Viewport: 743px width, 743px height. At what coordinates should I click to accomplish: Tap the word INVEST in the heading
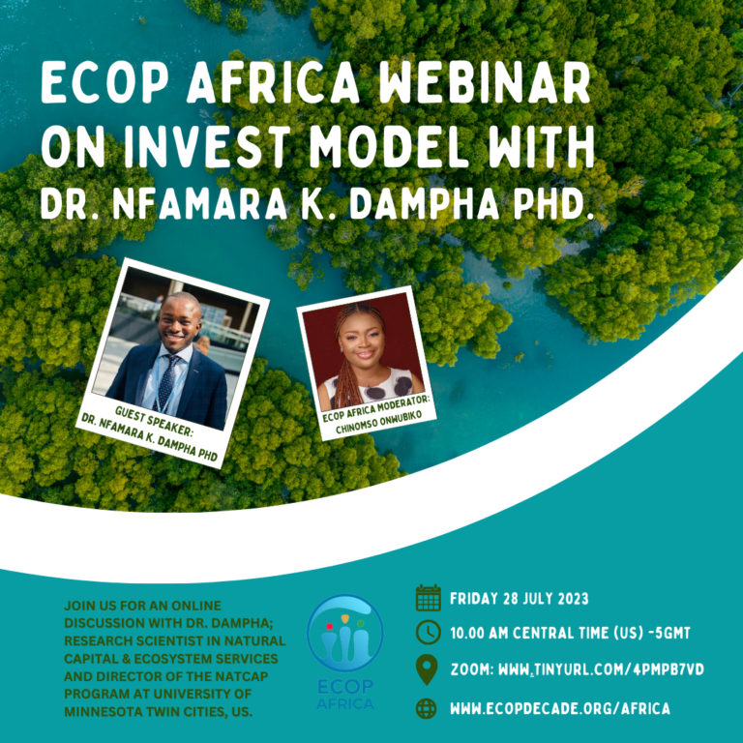pyautogui.click(x=207, y=147)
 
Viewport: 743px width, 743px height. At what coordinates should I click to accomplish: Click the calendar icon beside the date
pyautogui.click(x=429, y=598)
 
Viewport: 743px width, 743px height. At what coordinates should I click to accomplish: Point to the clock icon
pyautogui.click(x=429, y=633)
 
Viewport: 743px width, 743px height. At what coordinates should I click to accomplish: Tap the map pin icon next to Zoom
pyautogui.click(x=427, y=669)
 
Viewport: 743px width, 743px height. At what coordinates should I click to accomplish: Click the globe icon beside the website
pyautogui.click(x=427, y=708)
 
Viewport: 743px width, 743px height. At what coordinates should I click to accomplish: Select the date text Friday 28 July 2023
pyautogui.click(x=520, y=599)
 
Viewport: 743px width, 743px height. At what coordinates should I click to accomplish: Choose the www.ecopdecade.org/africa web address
pyautogui.click(x=560, y=708)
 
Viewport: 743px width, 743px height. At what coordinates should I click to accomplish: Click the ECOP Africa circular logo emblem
pyautogui.click(x=345, y=633)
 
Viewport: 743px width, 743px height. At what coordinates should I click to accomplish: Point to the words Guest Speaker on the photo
pyautogui.click(x=154, y=421)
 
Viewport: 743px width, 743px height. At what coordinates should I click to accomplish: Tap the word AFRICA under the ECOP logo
pyautogui.click(x=345, y=703)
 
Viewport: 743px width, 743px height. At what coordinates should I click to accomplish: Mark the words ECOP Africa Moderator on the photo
pyautogui.click(x=376, y=409)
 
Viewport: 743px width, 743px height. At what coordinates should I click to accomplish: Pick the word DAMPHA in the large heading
pyautogui.click(x=424, y=204)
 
